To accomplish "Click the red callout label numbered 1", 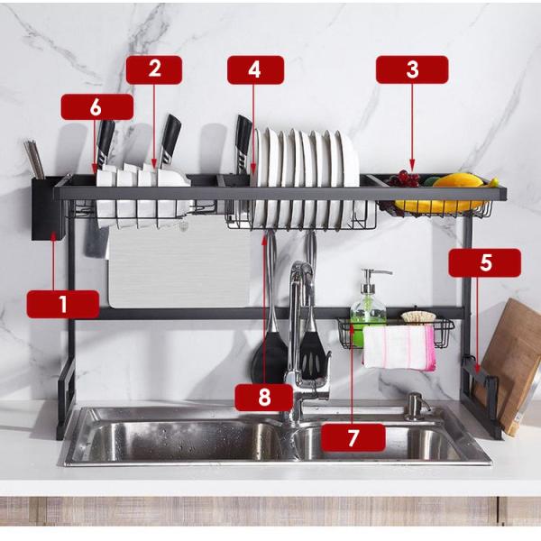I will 63,304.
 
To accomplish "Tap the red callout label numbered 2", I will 154,69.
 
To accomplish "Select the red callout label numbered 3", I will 412,69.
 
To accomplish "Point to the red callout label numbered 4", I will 255,69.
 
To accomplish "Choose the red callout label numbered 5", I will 485,262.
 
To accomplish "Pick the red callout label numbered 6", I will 96,106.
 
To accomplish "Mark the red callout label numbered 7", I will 353,438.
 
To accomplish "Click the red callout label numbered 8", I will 264,397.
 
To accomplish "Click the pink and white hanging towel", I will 399,347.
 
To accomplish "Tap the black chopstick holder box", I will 48,209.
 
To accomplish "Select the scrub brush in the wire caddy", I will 418,317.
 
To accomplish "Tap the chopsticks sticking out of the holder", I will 34,159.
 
